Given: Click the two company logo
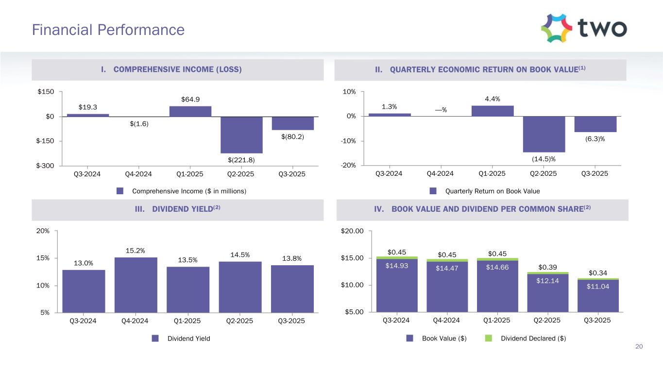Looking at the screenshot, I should coord(583,28).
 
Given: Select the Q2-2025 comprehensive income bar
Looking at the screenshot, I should coord(241,135).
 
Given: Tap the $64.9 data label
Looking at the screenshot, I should coord(190,100).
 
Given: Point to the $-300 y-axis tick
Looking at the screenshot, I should coord(46,166).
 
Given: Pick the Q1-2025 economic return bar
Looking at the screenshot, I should coord(492,111).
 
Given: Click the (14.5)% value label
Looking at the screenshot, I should coord(544,158).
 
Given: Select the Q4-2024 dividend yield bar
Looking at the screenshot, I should coord(136,285).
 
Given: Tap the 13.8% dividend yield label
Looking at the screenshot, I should coord(292,259).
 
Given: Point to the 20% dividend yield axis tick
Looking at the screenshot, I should coord(43,231).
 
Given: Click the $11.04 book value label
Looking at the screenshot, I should coord(598,287).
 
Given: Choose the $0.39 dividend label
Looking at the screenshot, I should coord(547,267).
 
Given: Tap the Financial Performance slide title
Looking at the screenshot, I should coord(108,30).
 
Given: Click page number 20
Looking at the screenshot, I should coord(639,346).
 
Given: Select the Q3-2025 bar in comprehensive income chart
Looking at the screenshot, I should coord(292,123).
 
